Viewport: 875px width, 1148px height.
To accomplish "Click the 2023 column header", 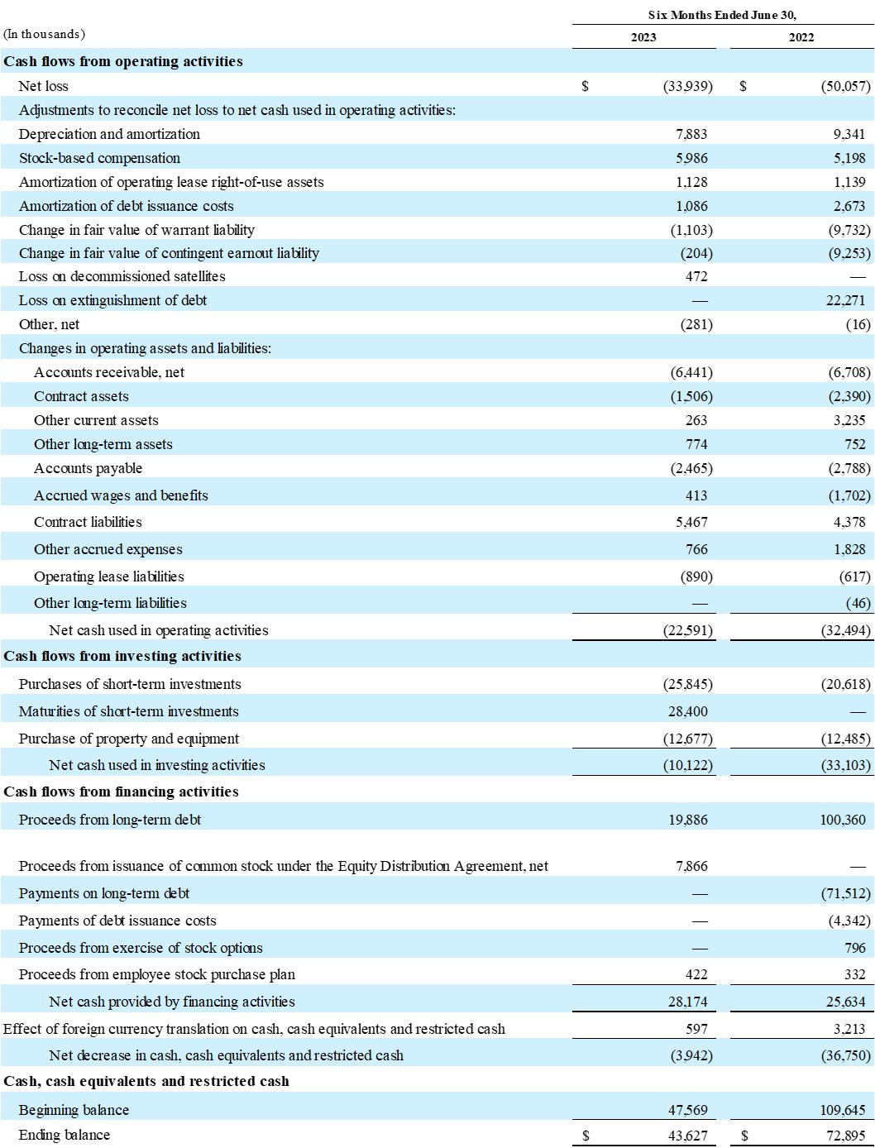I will pos(643,37).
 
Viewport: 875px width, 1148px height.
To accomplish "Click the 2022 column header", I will pos(801,37).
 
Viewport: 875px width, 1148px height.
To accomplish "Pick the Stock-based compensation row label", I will pos(99,158).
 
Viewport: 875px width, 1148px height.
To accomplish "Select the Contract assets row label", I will pos(81,396).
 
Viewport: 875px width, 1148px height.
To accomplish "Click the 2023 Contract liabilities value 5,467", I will pos(691,522).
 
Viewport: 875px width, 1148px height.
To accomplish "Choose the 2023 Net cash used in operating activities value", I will pos(688,630).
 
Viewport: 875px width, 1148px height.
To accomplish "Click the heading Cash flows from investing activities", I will pos(122,656).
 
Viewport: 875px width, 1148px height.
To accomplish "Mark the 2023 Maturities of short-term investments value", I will pos(688,711).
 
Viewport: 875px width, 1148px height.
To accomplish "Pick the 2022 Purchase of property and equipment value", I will pos(845,739).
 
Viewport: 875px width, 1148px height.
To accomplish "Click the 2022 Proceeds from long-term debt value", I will pos(843,820).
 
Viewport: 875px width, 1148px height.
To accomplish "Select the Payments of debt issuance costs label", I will pos(117,921).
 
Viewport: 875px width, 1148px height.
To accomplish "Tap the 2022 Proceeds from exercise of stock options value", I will pos(855,948).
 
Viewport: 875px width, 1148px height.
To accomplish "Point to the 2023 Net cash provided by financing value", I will pos(688,1002).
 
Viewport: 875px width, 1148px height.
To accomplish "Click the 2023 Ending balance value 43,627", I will pos(688,1136).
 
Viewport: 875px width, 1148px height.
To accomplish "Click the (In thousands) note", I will pos(45,34).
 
